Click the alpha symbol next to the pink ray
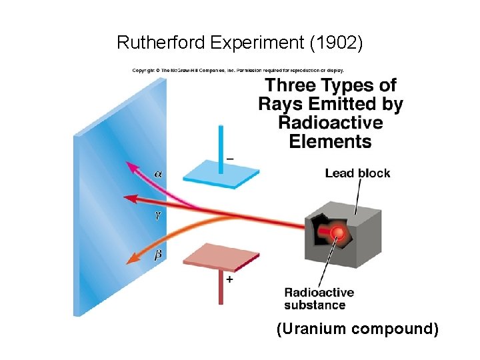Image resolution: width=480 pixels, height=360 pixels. point(157,173)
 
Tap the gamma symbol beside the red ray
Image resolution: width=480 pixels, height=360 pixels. point(158,215)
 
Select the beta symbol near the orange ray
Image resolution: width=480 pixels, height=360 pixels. point(158,254)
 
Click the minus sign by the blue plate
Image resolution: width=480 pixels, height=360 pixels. point(229,159)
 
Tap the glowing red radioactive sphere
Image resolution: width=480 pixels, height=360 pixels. point(338,233)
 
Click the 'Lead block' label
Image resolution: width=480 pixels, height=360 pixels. point(357,173)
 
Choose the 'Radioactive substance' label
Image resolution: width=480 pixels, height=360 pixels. point(319,299)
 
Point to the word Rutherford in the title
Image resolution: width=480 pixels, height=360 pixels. point(160,43)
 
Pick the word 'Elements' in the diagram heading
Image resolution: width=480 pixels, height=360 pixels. point(330,141)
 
